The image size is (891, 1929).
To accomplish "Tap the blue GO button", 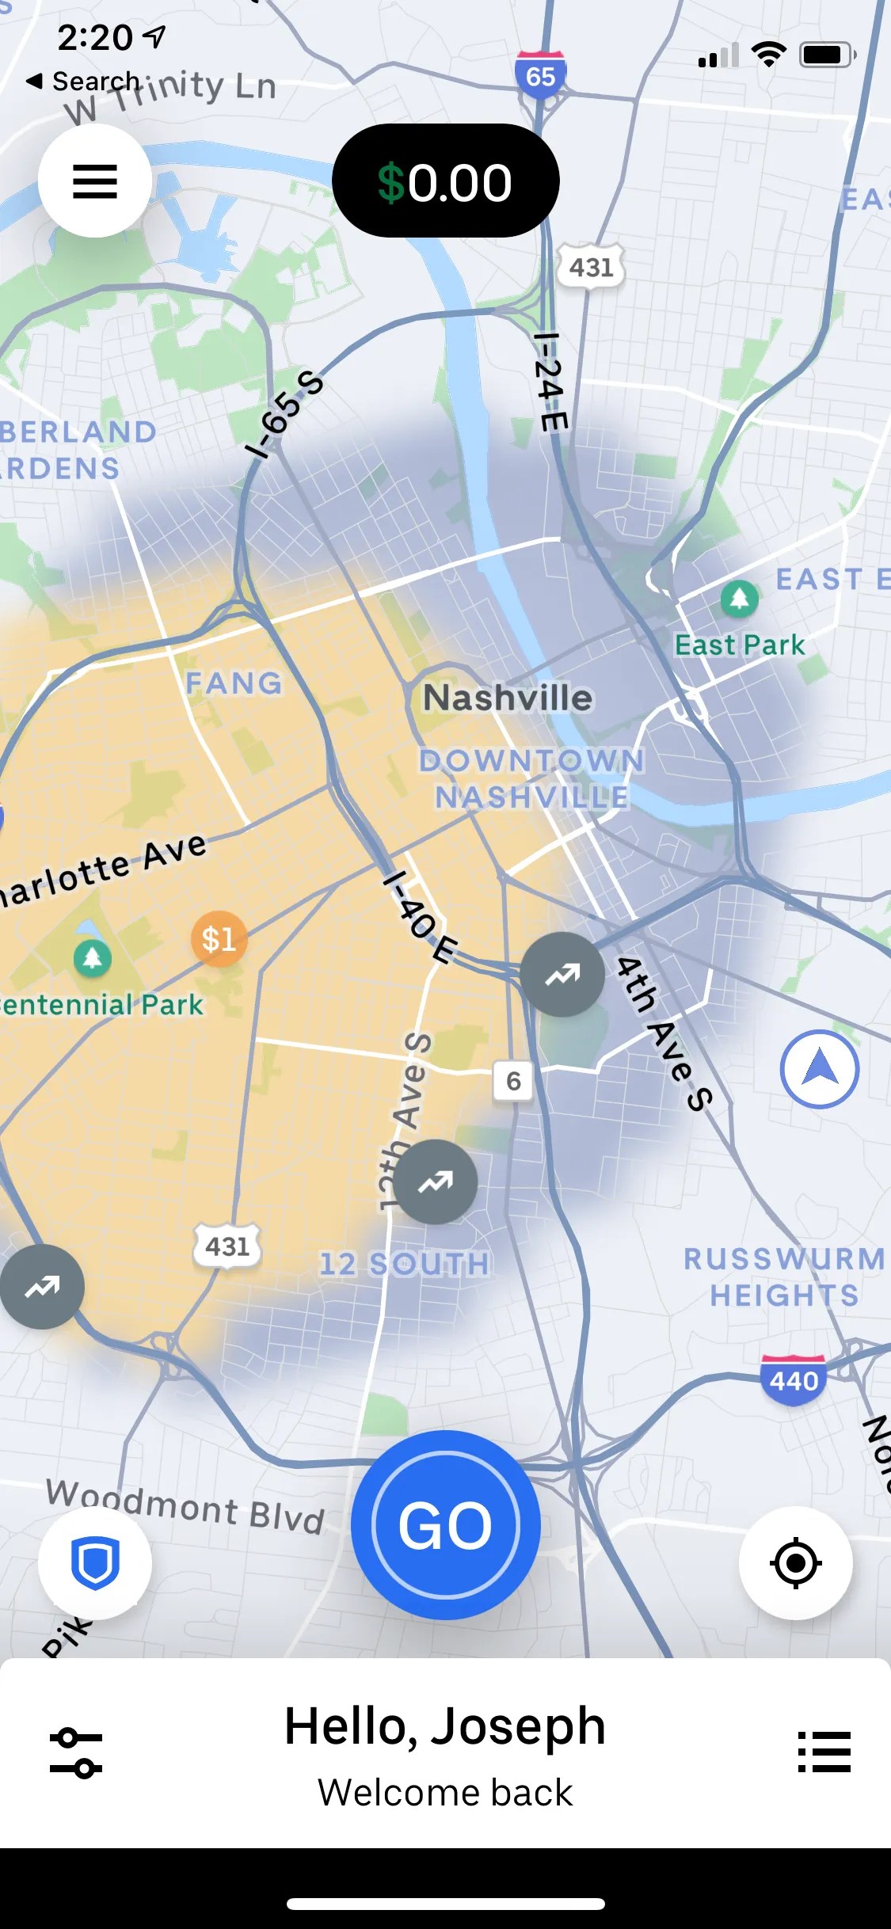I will pos(445,1525).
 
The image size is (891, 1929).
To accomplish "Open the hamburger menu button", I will pos(95,181).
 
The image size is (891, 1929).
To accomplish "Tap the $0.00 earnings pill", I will pos(445,181).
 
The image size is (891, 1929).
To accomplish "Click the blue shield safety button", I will pos(95,1563).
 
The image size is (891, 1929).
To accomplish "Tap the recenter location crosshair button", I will pos(795,1563).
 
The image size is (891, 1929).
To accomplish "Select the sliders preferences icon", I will pos(76,1752).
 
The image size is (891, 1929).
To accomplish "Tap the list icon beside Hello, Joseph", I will pos(824,1751).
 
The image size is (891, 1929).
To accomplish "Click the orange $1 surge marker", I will pos(219,939).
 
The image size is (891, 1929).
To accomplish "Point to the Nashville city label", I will pos(508,698).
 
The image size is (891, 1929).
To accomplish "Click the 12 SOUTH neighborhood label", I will pos(404,1264).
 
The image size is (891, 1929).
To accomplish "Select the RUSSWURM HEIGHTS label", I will pos(783,1276).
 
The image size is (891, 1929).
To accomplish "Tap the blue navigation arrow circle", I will pos(820,1069).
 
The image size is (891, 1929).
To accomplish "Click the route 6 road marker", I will pos(513,1081).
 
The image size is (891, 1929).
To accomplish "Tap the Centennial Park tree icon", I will pos(93,958).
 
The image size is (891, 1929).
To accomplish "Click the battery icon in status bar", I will pos(826,55).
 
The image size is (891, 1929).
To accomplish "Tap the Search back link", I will pos(83,81).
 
